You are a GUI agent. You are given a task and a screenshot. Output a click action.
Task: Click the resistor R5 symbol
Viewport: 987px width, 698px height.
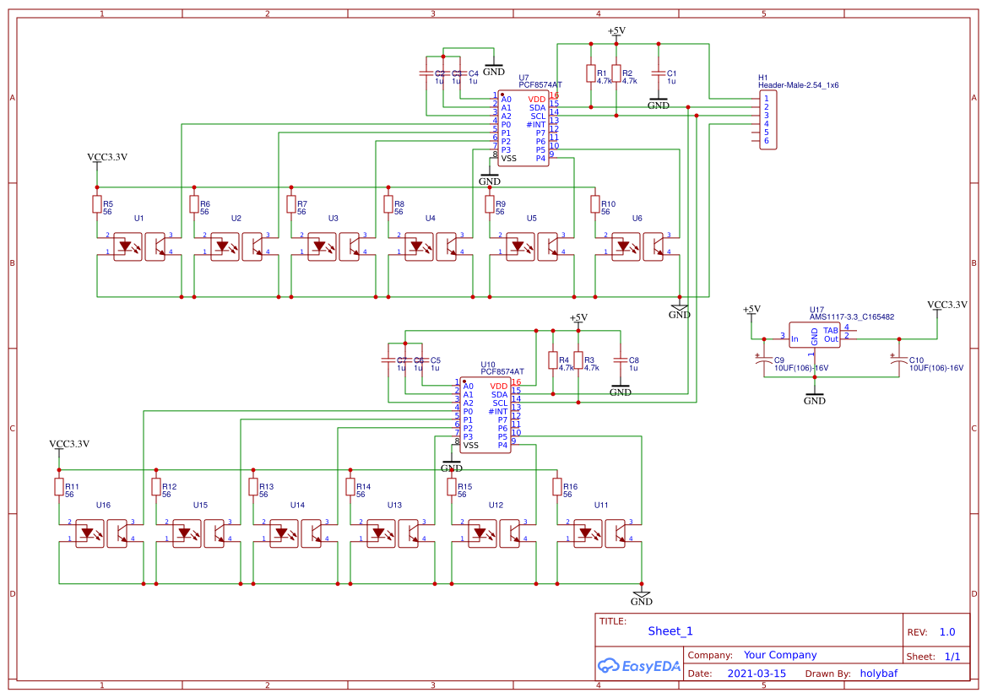[x=97, y=203]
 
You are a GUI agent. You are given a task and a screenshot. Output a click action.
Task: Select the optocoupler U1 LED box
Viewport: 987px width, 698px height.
[x=127, y=247]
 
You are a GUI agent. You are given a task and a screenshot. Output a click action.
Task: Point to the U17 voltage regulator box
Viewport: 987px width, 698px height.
[x=814, y=335]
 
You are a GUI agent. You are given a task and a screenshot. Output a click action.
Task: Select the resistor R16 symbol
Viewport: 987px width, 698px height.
[x=557, y=486]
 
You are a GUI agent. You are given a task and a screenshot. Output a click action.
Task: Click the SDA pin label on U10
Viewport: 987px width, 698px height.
[x=499, y=394]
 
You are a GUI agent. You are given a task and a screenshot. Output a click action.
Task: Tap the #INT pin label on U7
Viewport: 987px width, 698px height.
[x=536, y=124]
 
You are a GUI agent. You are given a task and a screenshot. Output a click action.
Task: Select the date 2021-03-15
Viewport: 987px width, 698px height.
[x=756, y=674]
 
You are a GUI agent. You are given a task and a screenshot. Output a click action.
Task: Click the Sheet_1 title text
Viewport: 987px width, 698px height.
[x=670, y=630]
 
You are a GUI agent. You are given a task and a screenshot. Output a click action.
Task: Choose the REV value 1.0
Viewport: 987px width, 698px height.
[x=946, y=631]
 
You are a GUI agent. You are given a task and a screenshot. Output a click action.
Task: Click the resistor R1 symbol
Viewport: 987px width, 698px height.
[x=591, y=73]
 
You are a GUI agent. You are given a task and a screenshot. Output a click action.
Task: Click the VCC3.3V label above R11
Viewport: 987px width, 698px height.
[x=69, y=444]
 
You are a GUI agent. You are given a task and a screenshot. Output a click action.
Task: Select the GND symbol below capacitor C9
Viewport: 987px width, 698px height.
[x=814, y=398]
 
